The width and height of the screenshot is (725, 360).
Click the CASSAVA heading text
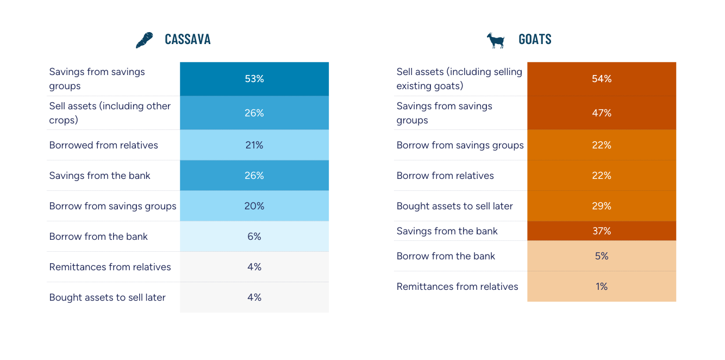[187, 40]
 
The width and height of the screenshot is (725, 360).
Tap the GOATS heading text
[535, 40]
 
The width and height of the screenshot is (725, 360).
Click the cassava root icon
[144, 40]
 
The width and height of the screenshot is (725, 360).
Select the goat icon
[495, 40]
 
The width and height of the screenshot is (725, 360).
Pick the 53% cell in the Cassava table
[254, 79]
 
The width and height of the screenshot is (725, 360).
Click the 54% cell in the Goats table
[602, 79]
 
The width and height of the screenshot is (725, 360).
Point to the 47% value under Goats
[602, 113]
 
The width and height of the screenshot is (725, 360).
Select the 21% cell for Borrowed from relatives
[254, 145]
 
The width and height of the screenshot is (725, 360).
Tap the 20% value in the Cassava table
[254, 206]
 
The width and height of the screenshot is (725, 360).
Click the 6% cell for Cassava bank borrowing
[254, 237]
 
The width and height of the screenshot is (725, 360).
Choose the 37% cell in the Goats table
[602, 231]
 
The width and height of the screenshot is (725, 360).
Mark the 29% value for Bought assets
[602, 206]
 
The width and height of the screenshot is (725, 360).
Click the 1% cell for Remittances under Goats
[602, 287]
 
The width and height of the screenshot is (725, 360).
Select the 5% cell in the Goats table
[602, 256]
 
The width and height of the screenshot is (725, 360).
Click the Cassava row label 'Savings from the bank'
[99, 176]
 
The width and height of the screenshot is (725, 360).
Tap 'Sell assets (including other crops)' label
[110, 113]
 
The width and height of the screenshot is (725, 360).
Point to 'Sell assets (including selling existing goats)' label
[459, 79]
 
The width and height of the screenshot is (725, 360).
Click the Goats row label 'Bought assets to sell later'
[454, 206]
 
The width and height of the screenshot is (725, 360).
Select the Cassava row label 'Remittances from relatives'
[110, 267]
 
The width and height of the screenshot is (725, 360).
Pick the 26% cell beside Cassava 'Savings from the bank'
[254, 176]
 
